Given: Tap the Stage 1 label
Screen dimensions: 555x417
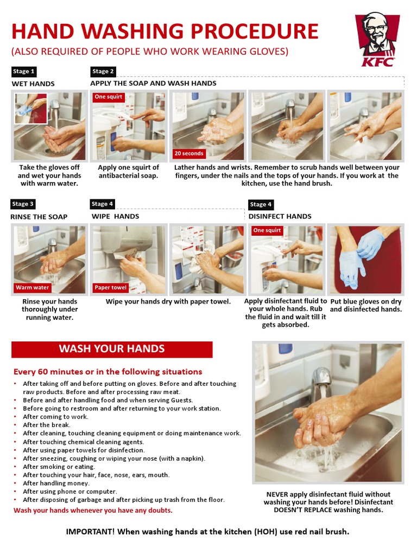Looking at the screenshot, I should (24, 72).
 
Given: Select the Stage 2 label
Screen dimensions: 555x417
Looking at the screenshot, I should (103, 72).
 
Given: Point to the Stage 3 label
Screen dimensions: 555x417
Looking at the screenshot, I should (24, 204).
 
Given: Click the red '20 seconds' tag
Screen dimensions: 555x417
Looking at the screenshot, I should (189, 153).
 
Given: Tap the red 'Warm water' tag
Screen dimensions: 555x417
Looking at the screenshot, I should (33, 287).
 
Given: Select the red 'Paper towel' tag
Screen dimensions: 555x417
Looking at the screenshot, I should (111, 287).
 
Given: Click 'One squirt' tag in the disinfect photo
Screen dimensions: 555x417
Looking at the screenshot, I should (267, 230).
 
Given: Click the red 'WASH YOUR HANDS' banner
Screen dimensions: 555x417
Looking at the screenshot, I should (112, 349).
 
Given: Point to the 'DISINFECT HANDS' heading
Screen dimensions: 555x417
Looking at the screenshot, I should (280, 216).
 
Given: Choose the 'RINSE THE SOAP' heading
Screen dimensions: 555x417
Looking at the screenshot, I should (40, 217).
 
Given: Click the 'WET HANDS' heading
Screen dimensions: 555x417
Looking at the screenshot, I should (33, 84).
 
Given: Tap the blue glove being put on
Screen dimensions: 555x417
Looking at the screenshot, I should (371, 244).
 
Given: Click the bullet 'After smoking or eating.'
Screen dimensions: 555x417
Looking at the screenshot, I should (59, 467).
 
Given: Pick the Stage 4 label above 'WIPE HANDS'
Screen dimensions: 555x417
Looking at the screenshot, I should (103, 204).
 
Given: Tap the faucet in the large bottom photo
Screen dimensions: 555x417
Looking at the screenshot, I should (322, 379).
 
